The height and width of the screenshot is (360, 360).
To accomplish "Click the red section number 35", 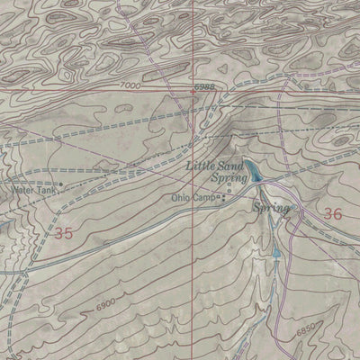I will pyautogui.click(x=62, y=233).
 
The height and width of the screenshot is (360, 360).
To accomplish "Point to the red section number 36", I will pyautogui.click(x=332, y=214).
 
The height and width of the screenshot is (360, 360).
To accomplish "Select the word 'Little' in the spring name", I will pyautogui.click(x=200, y=166).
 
